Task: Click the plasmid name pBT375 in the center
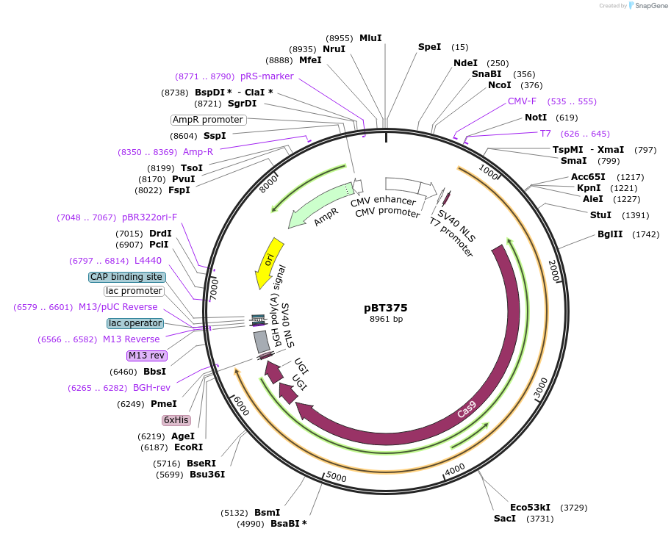pyautogui.click(x=385, y=308)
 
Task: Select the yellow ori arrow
pyautogui.click(x=270, y=262)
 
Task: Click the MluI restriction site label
pyautogui.click(x=370, y=38)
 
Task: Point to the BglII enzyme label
pyautogui.click(x=610, y=234)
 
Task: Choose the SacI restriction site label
pyautogui.click(x=505, y=519)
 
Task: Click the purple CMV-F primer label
pyautogui.click(x=522, y=101)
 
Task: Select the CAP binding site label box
pyautogui.click(x=126, y=277)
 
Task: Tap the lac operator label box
pyautogui.click(x=134, y=323)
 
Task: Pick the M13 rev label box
pyautogui.click(x=147, y=356)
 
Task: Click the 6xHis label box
pyautogui.click(x=176, y=420)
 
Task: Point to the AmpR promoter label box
pyautogui.click(x=208, y=120)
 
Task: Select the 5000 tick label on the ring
pyautogui.click(x=336, y=477)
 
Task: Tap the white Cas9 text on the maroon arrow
pyautogui.click(x=467, y=410)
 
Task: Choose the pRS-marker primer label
pyautogui.click(x=267, y=76)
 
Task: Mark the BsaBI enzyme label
pyautogui.click(x=288, y=524)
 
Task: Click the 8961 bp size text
pyautogui.click(x=386, y=320)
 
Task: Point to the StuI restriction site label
pyautogui.click(x=600, y=215)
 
